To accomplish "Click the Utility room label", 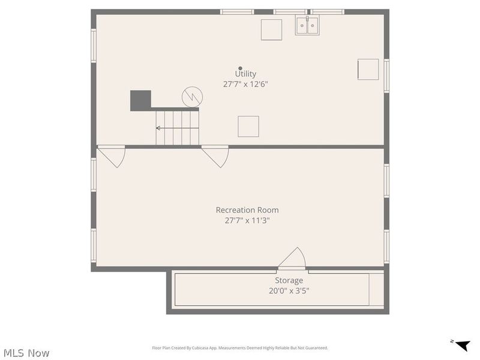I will pos(245,74).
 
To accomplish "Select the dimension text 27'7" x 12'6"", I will pos(245,85).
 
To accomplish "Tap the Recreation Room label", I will pos(247,210).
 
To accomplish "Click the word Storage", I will pos(289,280).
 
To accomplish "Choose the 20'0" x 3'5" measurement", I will pos(289,291).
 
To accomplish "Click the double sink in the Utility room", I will pos(307,26).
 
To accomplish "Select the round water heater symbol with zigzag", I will pos(191,96).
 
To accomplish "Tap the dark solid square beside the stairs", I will pos(140,100).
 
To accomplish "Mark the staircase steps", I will pos(177,127).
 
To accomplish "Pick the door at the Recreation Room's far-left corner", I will pos(112,156).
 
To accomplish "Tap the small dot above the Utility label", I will pos(241,68).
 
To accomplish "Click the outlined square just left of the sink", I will pos(271,29).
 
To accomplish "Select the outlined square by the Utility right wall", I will pos(368,69).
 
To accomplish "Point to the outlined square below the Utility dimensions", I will pos(248,126).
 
